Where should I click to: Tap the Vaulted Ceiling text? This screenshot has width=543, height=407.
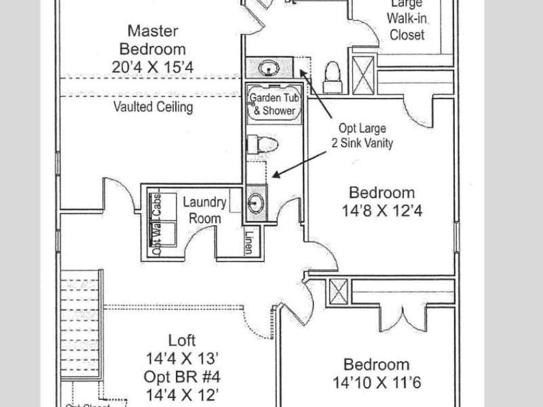(x=153, y=107)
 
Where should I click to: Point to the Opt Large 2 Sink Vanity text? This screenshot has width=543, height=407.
(x=361, y=137)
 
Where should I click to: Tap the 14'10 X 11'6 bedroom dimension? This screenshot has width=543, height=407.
(x=376, y=383)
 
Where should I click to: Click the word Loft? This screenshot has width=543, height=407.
(x=182, y=341)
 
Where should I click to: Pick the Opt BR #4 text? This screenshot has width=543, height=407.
(x=182, y=375)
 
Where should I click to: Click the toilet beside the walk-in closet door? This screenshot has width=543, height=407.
(x=332, y=71)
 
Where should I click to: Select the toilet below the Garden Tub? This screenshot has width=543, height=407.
(x=262, y=144)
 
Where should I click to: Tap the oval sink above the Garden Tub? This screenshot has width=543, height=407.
(x=269, y=66)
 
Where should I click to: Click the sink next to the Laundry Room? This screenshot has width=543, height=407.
(x=255, y=202)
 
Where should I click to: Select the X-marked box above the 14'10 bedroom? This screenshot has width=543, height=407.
(x=338, y=294)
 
